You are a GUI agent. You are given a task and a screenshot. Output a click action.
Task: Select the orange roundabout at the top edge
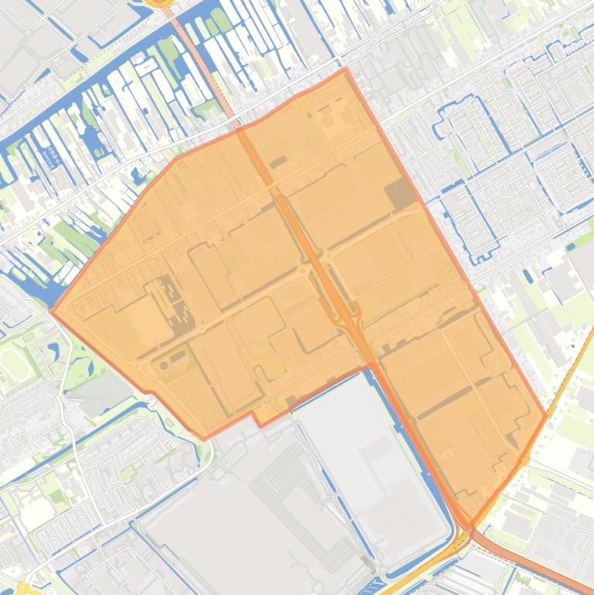coord(160,2)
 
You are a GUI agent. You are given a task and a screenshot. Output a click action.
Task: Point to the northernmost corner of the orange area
coord(345,69)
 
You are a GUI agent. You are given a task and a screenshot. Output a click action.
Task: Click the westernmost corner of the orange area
coord(51,311)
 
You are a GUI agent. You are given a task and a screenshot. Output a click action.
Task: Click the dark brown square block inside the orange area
coord(401,195)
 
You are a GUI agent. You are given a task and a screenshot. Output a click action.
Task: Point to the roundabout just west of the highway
coord(301,270)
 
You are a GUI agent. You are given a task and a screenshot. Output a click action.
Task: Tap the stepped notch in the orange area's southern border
coord(254,417)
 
